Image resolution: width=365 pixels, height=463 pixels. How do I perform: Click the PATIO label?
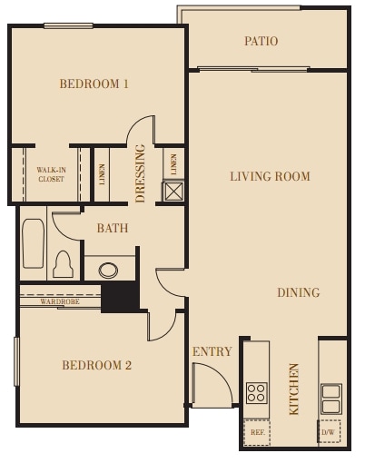pos(261,42)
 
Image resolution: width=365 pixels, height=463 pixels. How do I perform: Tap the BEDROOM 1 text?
pos(94,84)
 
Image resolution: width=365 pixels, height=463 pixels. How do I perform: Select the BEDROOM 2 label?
pos(97,366)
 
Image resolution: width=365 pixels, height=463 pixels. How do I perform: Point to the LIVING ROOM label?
pos(270,177)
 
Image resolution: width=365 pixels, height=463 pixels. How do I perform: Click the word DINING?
pos(299,293)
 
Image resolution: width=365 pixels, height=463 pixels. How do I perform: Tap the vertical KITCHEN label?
pos(294,389)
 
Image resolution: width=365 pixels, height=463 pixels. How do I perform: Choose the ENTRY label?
pos(212,351)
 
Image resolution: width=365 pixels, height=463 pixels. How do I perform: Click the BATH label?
pos(113,229)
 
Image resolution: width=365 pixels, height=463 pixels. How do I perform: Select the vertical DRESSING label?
pos(141,172)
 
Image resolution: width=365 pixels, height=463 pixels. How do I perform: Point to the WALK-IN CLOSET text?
pos(51,174)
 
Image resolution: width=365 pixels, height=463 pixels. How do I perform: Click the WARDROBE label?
pos(57,301)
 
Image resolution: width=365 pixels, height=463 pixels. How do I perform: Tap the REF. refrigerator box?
pos(256,432)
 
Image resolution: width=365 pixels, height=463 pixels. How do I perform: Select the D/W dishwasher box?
pos(328,431)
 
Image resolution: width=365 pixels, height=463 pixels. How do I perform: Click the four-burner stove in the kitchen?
pos(257,392)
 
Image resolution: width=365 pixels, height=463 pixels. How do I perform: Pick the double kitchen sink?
pos(331,398)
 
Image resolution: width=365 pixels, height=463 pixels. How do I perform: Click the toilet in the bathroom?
pos(63,263)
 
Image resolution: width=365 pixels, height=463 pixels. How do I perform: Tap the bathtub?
pos(33,243)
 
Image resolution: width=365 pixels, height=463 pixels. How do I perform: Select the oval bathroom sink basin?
pos(108,270)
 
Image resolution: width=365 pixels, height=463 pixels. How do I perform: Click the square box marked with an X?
pos(173,192)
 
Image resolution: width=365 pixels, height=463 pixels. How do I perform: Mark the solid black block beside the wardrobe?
pos(119,298)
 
